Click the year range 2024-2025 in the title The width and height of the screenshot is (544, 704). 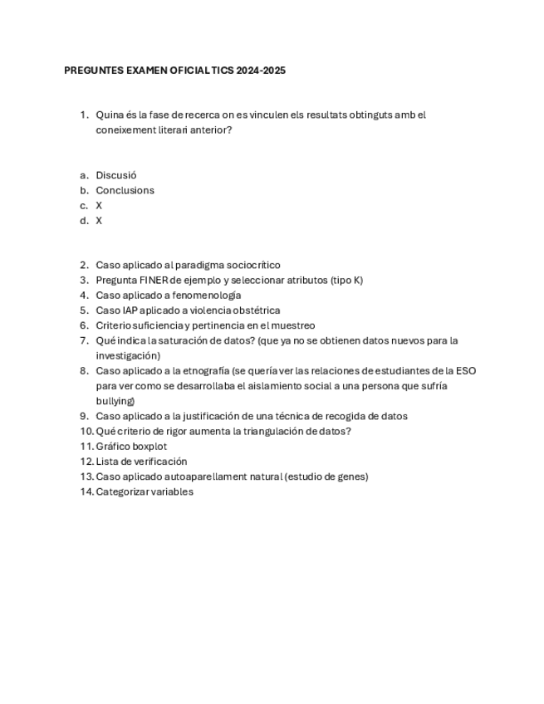(261, 71)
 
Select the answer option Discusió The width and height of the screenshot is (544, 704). (116, 175)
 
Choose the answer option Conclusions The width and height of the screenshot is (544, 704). (125, 190)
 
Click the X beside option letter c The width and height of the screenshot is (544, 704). (99, 205)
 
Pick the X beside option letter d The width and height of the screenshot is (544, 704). (99, 221)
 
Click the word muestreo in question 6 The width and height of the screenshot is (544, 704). (295, 325)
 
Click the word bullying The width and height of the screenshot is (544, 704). (115, 401)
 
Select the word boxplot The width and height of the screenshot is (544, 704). (149, 447)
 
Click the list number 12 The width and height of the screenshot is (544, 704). (86, 462)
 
